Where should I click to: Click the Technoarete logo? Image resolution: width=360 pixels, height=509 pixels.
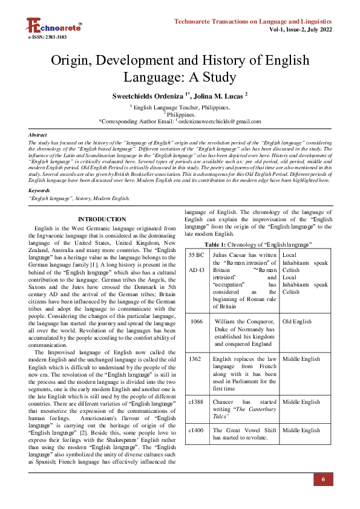click(53, 25)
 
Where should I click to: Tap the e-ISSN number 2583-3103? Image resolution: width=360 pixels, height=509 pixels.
click(47, 37)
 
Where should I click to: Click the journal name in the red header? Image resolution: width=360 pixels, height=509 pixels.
click(254, 22)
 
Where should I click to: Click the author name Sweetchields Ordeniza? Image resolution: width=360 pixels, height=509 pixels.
click(148, 96)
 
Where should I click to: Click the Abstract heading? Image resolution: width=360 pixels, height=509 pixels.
click(38, 135)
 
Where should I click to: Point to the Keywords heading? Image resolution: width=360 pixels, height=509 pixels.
click(39, 190)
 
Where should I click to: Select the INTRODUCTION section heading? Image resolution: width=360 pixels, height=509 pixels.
click(102, 219)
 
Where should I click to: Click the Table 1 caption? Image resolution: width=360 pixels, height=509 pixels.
click(258, 244)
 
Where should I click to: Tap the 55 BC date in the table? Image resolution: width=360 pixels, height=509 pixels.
click(197, 255)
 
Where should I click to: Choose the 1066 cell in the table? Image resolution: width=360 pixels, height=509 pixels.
click(197, 322)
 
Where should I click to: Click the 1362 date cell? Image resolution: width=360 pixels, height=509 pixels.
click(195, 359)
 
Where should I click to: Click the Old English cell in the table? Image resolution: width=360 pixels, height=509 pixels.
click(297, 322)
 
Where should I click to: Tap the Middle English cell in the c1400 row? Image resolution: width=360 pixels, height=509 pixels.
click(301, 430)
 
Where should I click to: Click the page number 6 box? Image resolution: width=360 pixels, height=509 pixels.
click(323, 479)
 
